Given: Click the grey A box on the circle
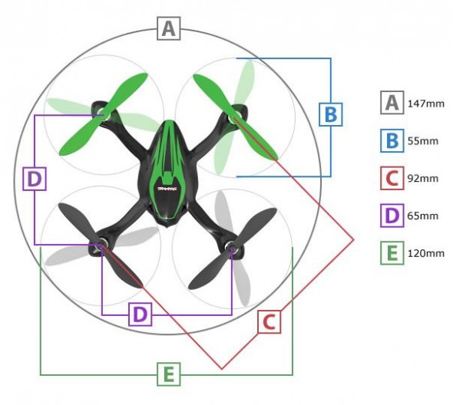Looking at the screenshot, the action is (169, 28).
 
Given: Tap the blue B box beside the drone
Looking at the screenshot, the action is (330, 114).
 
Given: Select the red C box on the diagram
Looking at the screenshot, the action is (269, 322).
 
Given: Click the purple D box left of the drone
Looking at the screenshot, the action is (35, 179).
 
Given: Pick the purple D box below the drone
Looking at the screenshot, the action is (140, 314).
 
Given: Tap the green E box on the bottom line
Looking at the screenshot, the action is (169, 374).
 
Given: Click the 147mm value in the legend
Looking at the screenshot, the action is (426, 104).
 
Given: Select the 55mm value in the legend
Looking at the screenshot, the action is (423, 141).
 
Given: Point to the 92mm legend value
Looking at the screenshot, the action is (423, 179).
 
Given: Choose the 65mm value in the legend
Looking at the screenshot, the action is (423, 216).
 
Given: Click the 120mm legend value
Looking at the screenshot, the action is (426, 253).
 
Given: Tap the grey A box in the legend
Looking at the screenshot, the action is (392, 103).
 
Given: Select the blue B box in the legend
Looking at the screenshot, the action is (392, 140).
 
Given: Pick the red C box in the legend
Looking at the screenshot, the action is (392, 178).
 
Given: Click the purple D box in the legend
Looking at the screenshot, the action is (392, 216).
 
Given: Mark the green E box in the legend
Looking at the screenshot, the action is (392, 253).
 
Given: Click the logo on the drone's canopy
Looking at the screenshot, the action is (167, 189).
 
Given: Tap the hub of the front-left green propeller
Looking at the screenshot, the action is (104, 114).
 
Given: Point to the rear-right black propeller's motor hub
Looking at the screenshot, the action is (231, 248).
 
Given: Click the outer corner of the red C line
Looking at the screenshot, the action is (353, 239).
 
